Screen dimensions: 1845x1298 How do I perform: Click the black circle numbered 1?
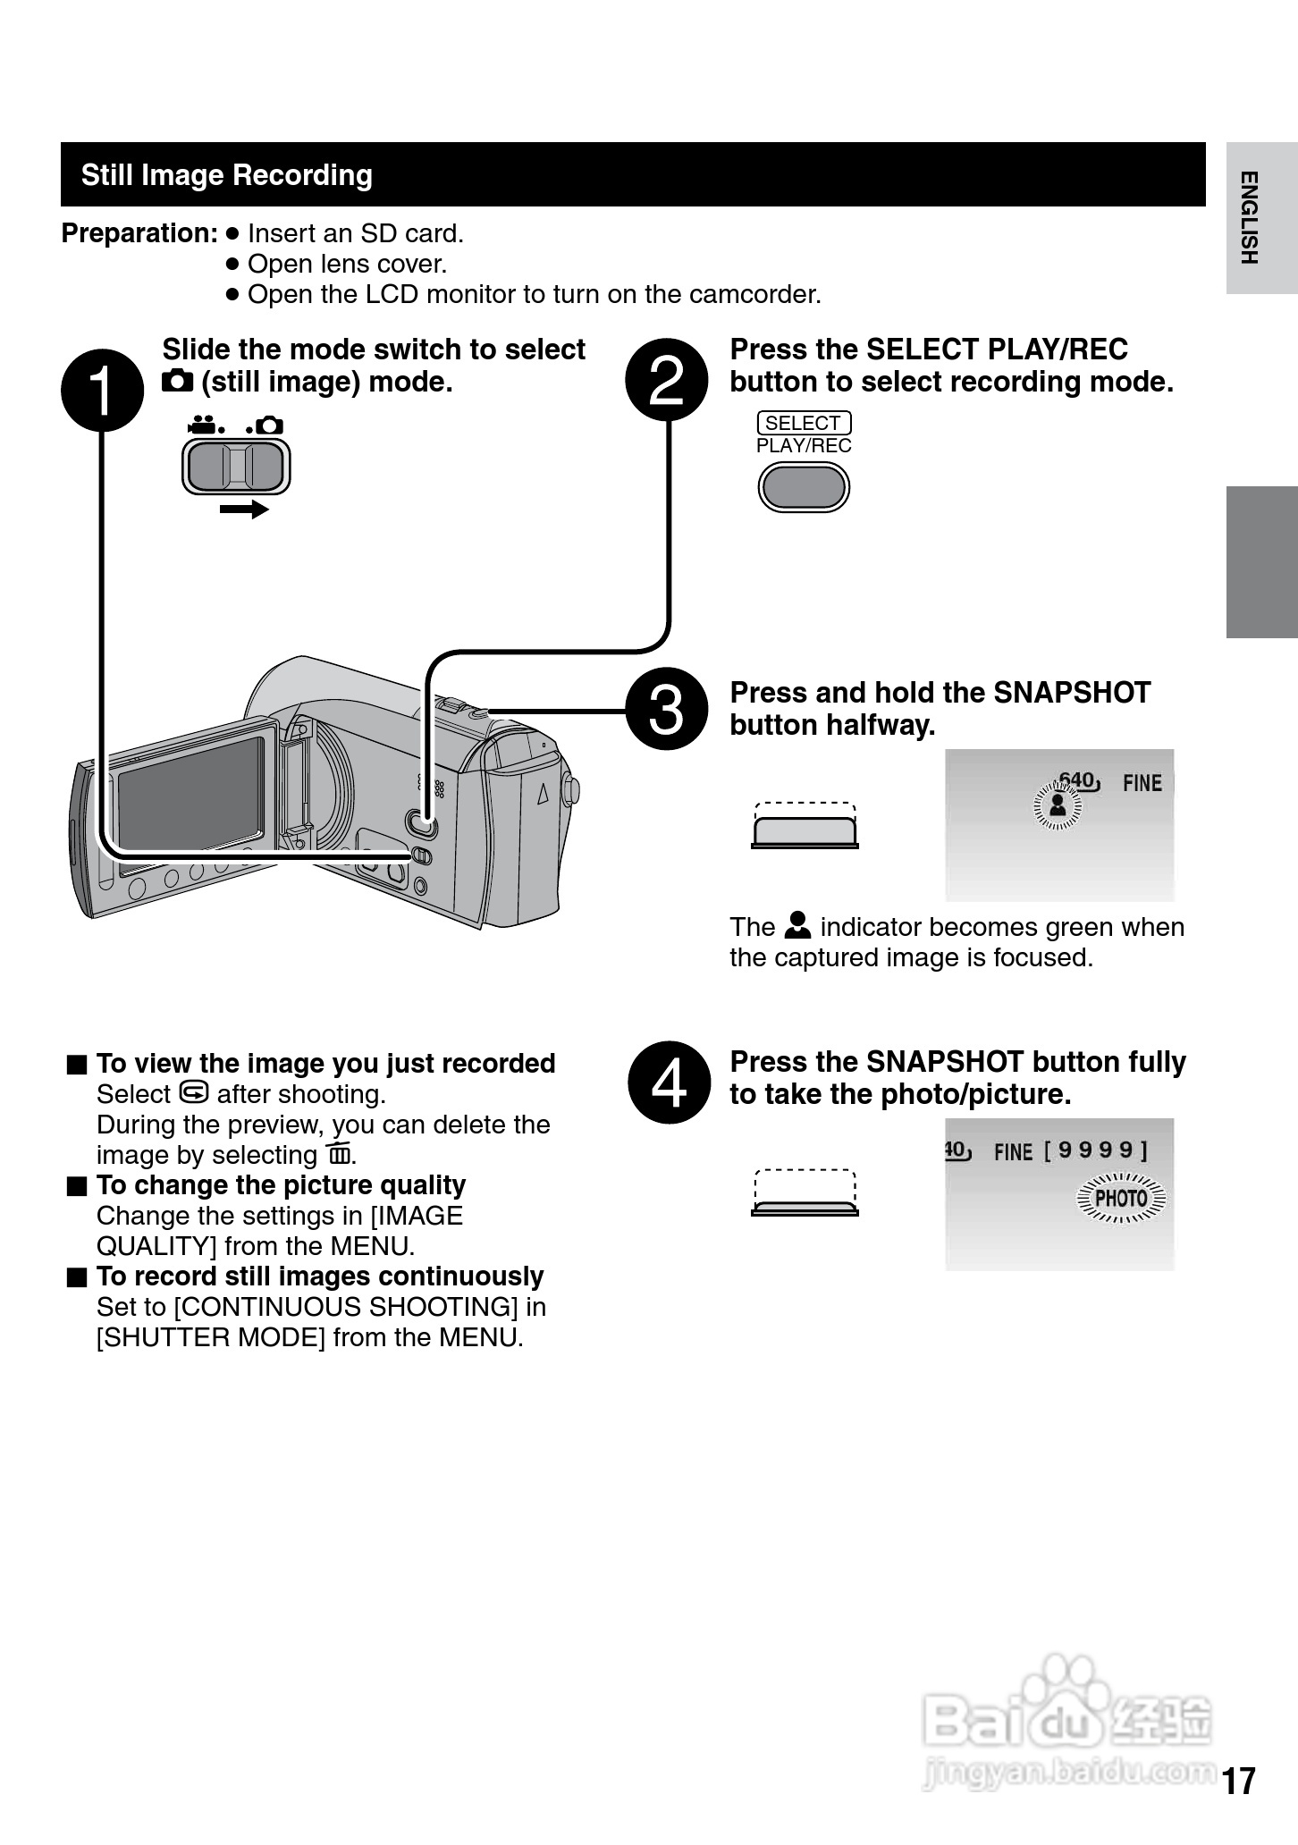(102, 391)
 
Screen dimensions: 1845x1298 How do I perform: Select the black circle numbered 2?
(667, 380)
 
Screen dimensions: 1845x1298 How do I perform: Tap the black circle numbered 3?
(667, 709)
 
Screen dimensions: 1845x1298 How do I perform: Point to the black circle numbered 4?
(670, 1082)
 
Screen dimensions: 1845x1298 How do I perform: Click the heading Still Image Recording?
(226, 175)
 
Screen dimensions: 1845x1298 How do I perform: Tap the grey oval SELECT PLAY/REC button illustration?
(803, 488)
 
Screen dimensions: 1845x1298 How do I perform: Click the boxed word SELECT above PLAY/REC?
(803, 423)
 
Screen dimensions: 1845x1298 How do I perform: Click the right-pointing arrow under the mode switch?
(244, 510)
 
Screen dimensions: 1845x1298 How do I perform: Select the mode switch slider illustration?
(236, 467)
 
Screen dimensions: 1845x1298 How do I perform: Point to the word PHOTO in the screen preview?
(1121, 1198)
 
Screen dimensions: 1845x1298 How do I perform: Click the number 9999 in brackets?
(1096, 1150)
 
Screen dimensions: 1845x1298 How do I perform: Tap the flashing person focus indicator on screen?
(1057, 805)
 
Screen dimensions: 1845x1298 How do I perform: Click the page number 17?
(1239, 1781)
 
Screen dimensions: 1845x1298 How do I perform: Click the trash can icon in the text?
(339, 1154)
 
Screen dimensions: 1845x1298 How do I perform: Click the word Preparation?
(139, 233)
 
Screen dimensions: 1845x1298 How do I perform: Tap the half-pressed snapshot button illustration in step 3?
(805, 830)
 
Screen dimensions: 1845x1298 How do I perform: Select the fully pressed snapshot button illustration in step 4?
(805, 1208)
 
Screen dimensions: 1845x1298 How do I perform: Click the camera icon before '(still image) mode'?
(177, 382)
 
